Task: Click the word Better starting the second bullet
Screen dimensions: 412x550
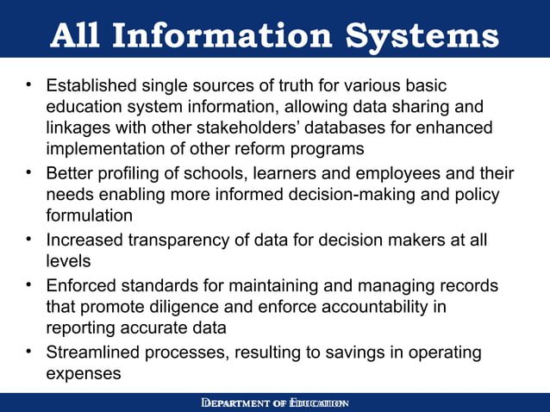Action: coord(71,174)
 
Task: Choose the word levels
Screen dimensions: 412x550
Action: coord(68,260)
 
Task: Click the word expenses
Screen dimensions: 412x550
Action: coord(83,373)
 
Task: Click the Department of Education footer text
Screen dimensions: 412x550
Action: coord(274,403)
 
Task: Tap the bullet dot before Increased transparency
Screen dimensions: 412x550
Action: coord(29,239)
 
